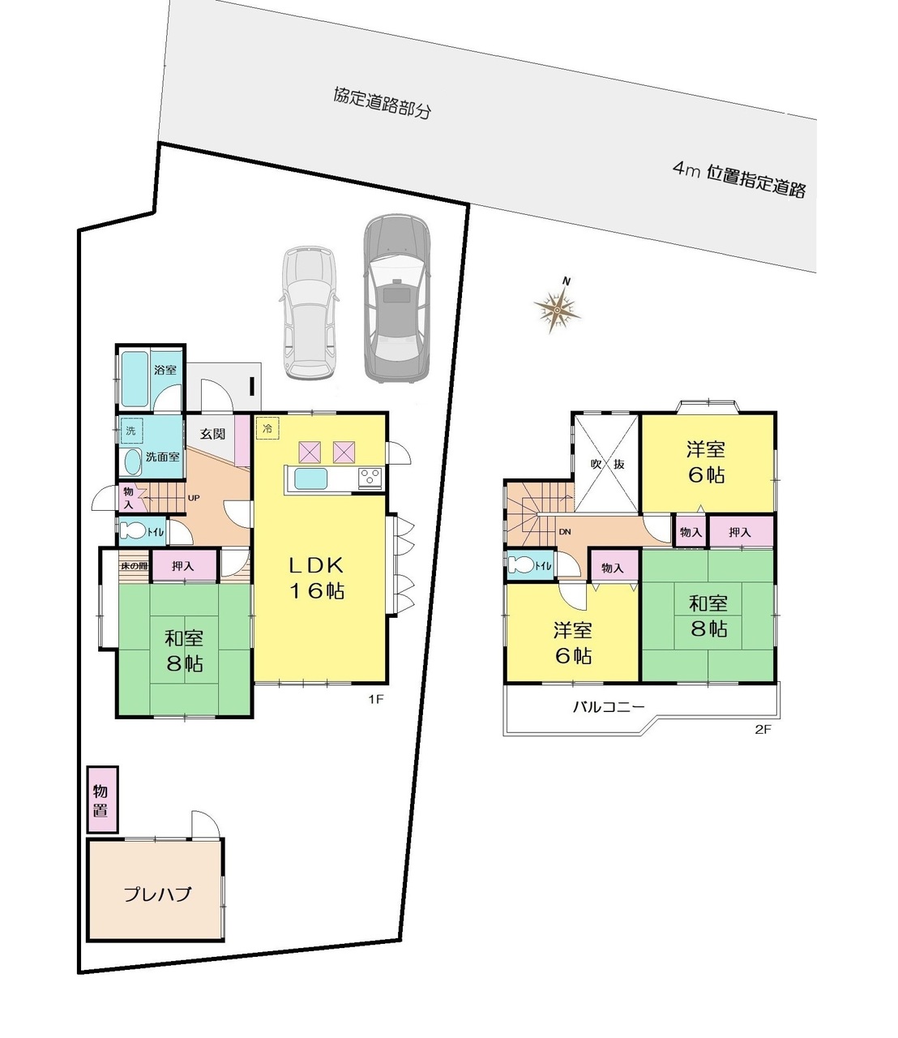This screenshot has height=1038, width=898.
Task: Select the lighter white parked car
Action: tap(310, 312)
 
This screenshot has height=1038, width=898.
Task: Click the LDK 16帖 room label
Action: tap(316, 578)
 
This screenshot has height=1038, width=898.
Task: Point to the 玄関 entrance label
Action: tap(212, 434)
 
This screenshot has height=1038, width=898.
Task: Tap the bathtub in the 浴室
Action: tap(135, 380)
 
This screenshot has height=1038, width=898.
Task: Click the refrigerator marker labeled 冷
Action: tap(267, 429)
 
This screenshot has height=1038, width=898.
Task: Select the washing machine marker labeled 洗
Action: tap(130, 431)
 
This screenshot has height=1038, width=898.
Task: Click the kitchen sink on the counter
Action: tap(310, 478)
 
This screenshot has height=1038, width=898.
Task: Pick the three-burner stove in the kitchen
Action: tap(370, 477)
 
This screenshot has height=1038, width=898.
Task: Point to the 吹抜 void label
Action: tap(607, 465)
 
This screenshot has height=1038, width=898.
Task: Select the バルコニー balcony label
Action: tap(609, 708)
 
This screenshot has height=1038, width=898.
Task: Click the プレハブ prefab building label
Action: tap(157, 894)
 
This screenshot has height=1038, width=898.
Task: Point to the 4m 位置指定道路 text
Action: tap(739, 182)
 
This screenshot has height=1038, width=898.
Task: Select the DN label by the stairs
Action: tap(565, 532)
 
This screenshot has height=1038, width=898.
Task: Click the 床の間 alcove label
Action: tap(134, 566)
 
